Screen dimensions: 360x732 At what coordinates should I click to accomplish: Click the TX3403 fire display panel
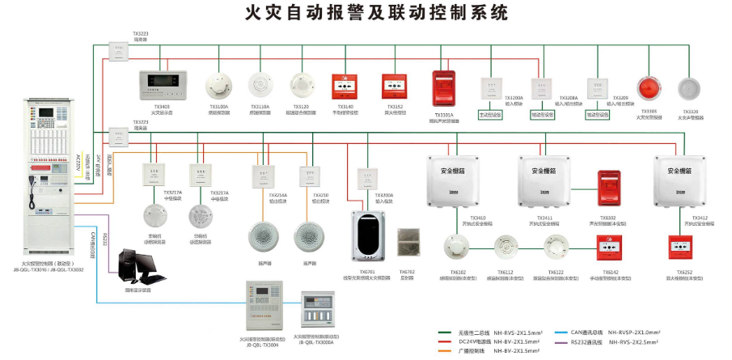[161, 84]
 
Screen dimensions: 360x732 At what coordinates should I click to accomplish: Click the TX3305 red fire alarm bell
[648, 89]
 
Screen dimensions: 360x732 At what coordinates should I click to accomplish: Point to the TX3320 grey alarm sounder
[690, 89]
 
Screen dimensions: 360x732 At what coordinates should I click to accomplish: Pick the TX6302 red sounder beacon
[607, 191]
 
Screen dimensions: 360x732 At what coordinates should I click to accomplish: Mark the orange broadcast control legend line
[445, 352]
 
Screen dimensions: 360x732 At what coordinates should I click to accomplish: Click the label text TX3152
[395, 106]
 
